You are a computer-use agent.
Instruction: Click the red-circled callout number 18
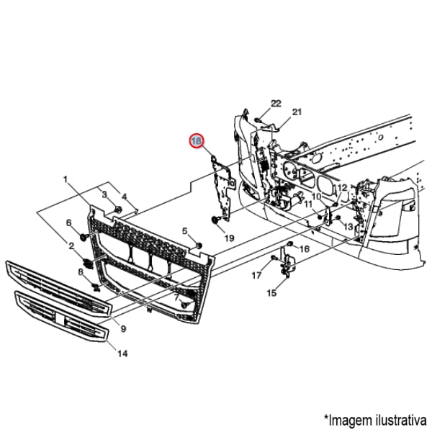pyautogui.click(x=197, y=141)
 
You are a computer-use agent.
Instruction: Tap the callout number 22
pyautogui.click(x=275, y=103)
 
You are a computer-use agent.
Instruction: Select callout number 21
pyautogui.click(x=296, y=112)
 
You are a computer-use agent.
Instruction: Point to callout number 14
pyautogui.click(x=122, y=354)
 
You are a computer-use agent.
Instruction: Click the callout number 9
pyautogui.click(x=123, y=329)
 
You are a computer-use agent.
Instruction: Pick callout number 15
pyautogui.click(x=271, y=293)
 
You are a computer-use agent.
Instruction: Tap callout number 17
pyautogui.click(x=256, y=275)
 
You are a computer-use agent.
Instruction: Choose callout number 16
pyautogui.click(x=304, y=248)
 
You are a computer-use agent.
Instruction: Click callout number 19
pyautogui.click(x=230, y=238)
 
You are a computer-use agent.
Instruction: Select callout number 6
pyautogui.click(x=69, y=222)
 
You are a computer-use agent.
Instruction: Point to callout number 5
pyautogui.click(x=184, y=231)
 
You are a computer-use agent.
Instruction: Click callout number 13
pyautogui.click(x=348, y=227)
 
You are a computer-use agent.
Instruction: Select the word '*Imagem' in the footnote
pyautogui.click(x=345, y=418)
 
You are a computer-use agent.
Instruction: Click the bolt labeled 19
pyautogui.click(x=215, y=219)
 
